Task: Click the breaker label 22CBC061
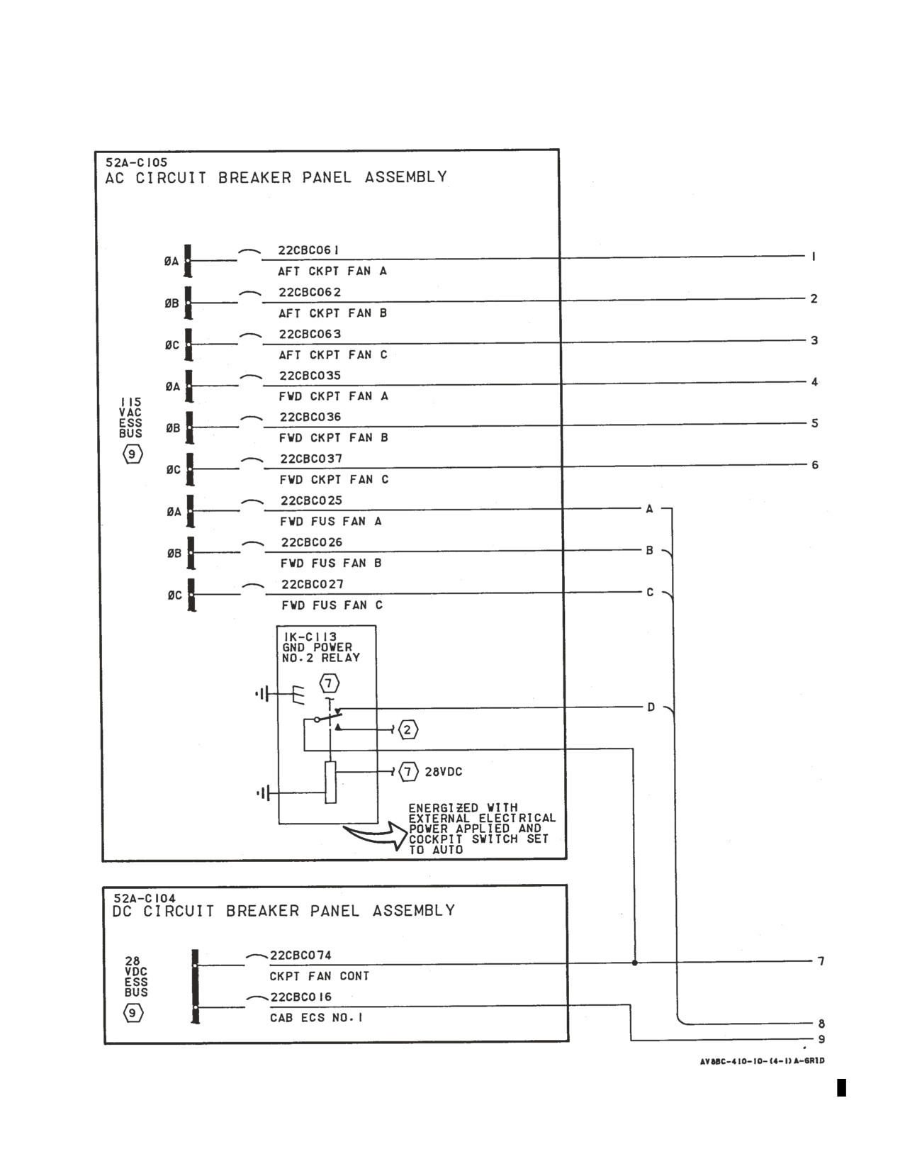pyautogui.click(x=308, y=250)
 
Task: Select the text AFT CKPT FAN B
pyautogui.click(x=332, y=313)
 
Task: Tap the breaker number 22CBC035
pyautogui.click(x=310, y=376)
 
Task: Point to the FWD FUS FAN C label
pyautogui.click(x=332, y=605)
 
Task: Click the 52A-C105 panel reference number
pyautogui.click(x=136, y=162)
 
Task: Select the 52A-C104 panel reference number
pyautogui.click(x=145, y=898)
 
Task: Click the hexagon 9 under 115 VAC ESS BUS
pyautogui.click(x=132, y=454)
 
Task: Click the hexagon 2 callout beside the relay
pyautogui.click(x=407, y=730)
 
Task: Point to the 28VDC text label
pyautogui.click(x=444, y=772)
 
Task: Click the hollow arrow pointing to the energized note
pyautogui.click(x=376, y=836)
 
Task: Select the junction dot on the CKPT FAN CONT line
pyautogui.click(x=634, y=963)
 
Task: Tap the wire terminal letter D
pyautogui.click(x=651, y=707)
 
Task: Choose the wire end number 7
pyautogui.click(x=821, y=961)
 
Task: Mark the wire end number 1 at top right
pyautogui.click(x=814, y=257)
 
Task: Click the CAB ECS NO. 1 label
pyautogui.click(x=316, y=1017)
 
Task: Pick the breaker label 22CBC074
pyautogui.click(x=300, y=955)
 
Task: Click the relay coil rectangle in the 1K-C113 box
pyautogui.click(x=330, y=783)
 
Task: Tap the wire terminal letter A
pyautogui.click(x=649, y=509)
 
